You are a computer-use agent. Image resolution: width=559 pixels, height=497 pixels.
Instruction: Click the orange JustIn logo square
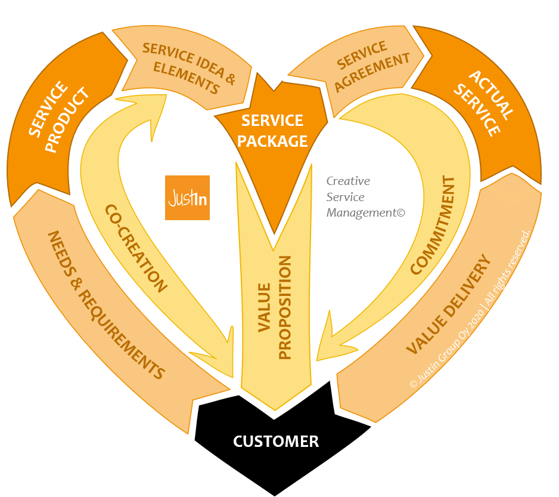click(x=187, y=197)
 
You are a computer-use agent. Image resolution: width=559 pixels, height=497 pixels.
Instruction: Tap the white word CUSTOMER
click(x=276, y=442)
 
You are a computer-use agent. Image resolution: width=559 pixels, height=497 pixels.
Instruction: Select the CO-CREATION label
click(x=136, y=248)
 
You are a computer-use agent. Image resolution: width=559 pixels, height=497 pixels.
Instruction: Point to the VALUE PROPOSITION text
click(x=276, y=308)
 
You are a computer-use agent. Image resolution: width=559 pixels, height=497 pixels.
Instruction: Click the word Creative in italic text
click(x=348, y=181)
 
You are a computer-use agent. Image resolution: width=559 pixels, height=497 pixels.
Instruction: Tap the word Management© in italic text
click(x=365, y=212)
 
